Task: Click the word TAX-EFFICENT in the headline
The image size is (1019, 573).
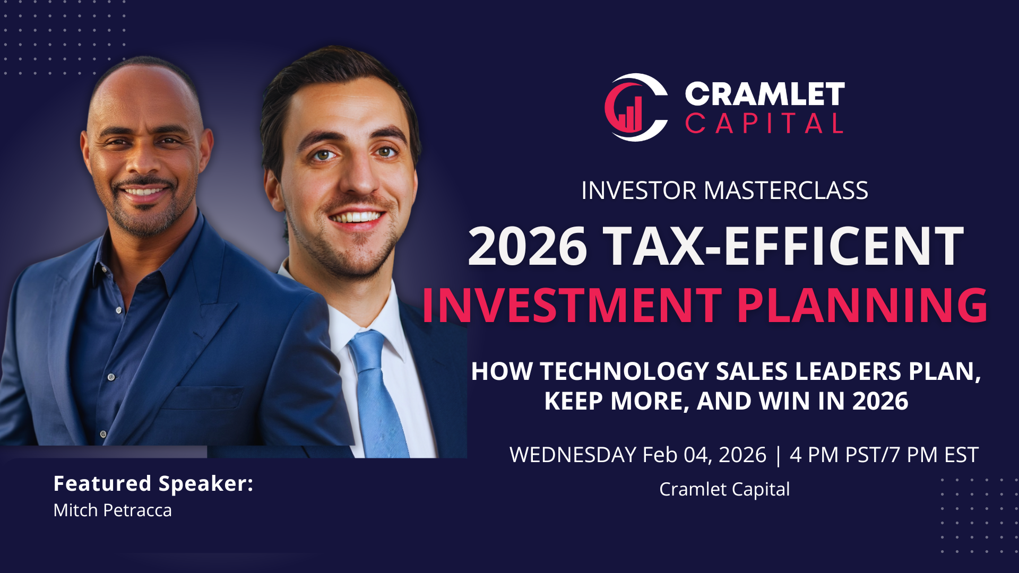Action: coord(783,246)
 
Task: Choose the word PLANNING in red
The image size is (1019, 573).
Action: coord(862,306)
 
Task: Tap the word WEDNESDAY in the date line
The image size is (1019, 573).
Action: coord(573,455)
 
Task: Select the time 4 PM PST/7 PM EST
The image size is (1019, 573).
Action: coord(884,455)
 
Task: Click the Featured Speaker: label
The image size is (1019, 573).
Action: coord(153,483)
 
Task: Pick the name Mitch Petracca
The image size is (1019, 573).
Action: coord(113,510)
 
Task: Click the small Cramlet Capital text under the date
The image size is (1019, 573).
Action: coord(724,489)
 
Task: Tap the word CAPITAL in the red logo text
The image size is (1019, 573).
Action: coord(764,124)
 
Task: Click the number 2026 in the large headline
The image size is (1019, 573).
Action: coord(528,246)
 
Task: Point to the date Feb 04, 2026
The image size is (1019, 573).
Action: coord(704,455)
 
